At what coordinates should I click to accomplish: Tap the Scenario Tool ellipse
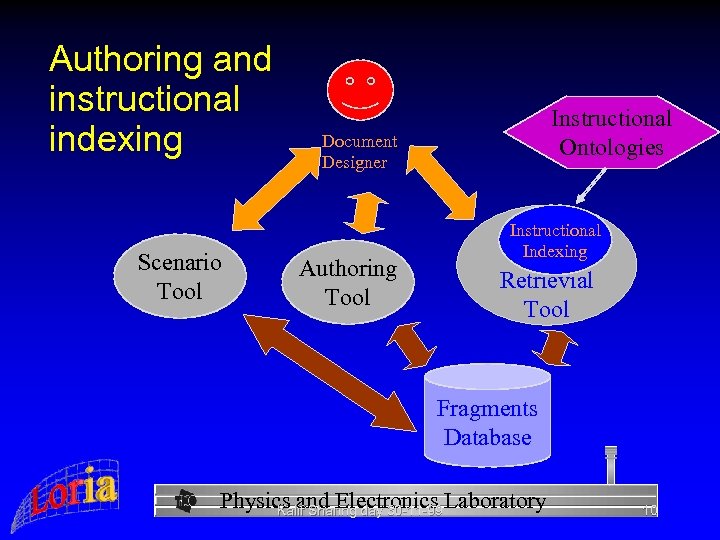click(180, 277)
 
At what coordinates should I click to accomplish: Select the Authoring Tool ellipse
click(348, 282)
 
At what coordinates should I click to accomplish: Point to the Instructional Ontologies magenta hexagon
click(611, 133)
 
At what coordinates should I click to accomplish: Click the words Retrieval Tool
click(546, 295)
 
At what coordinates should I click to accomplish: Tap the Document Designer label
click(359, 152)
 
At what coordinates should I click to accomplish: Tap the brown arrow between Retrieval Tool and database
click(556, 347)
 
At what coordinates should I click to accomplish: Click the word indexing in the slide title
click(116, 139)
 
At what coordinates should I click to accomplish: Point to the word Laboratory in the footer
click(497, 501)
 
